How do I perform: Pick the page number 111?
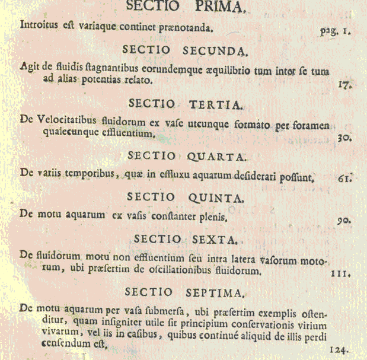tap(341, 275)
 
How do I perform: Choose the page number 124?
tap(338, 349)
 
